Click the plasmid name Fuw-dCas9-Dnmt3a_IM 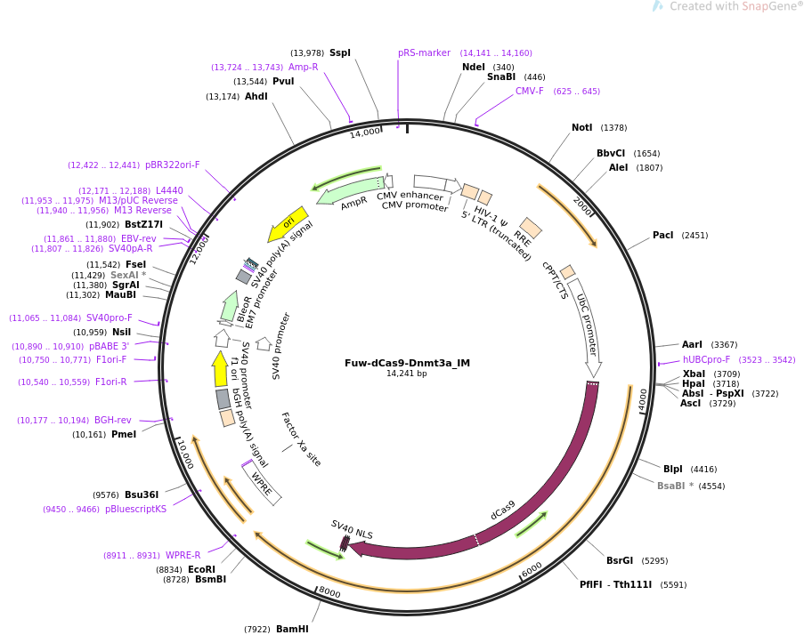(407, 363)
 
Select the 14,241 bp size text (407, 374)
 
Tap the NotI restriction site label (581, 128)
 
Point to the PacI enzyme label (662, 236)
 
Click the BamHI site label (292, 630)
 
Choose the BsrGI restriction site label (619, 561)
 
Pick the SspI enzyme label (340, 53)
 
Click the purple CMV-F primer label (530, 92)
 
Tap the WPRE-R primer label (183, 556)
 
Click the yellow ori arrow (288, 224)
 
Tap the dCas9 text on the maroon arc (503, 510)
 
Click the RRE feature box (531, 228)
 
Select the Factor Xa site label (301, 439)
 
